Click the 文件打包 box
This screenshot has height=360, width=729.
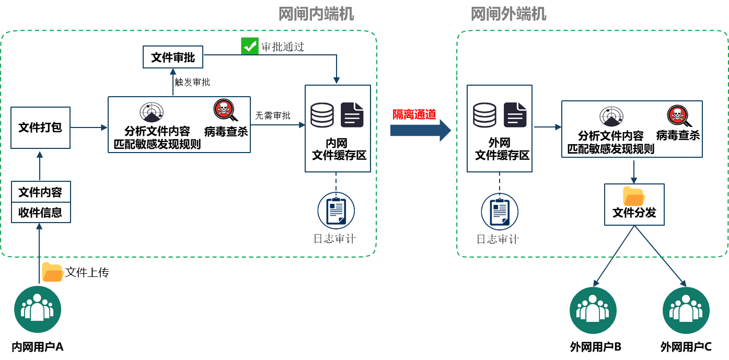[x=40, y=127]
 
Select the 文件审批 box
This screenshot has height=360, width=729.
[x=173, y=57]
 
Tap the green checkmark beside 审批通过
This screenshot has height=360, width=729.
[x=249, y=46]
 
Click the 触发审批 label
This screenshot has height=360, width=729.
[x=192, y=82]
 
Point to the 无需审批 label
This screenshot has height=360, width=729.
[x=273, y=115]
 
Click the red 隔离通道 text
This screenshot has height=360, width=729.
[x=414, y=115]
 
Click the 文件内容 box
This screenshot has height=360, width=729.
[x=40, y=192]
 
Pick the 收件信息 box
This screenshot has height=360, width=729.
[x=40, y=213]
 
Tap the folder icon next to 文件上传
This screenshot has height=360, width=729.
[x=52, y=272]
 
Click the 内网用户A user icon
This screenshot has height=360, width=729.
[x=38, y=310]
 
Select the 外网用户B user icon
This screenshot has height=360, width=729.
[x=593, y=310]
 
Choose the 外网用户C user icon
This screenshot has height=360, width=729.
[x=686, y=310]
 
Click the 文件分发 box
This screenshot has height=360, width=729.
[x=634, y=205]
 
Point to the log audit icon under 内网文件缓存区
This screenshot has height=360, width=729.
[x=336, y=211]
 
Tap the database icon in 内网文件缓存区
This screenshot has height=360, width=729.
[x=321, y=115]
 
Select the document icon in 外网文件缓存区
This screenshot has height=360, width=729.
[x=515, y=115]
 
